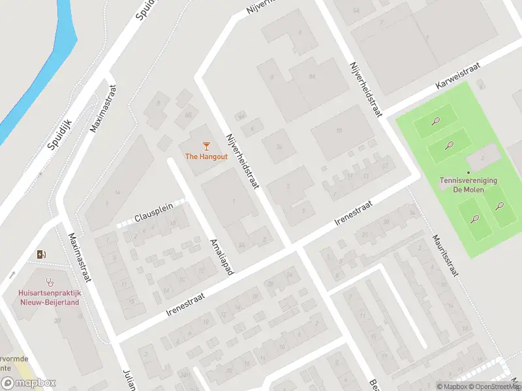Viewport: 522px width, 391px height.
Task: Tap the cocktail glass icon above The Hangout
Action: (206, 145)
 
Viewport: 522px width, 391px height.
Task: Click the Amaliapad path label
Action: (221, 255)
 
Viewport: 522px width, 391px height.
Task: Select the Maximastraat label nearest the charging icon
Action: (80, 257)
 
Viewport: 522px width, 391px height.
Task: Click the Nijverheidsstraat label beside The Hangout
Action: (242, 162)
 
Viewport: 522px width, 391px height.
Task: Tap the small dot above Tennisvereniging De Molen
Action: (467, 172)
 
